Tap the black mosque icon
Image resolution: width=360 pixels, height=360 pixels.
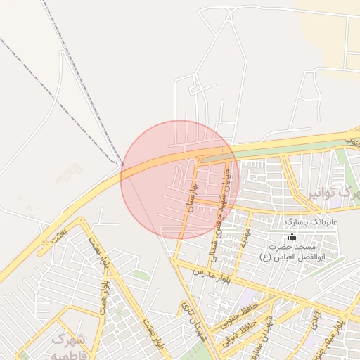pyautogui.click(x=292, y=237)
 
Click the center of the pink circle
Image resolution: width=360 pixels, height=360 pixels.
pyautogui.click(x=180, y=180)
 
